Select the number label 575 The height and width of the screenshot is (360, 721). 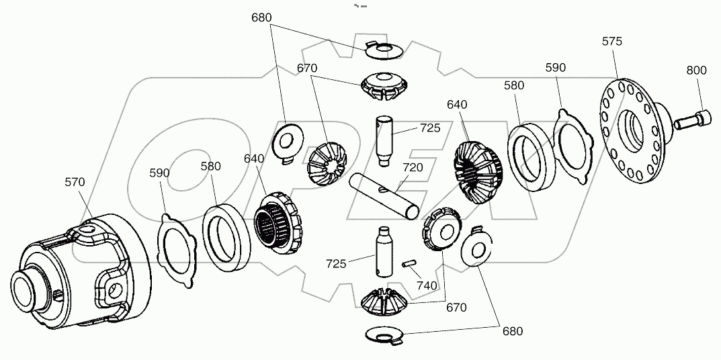coord(611,42)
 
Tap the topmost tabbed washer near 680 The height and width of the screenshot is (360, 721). coord(384,49)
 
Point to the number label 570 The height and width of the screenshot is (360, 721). coord(76,181)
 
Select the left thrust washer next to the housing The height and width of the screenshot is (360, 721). coord(177,247)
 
